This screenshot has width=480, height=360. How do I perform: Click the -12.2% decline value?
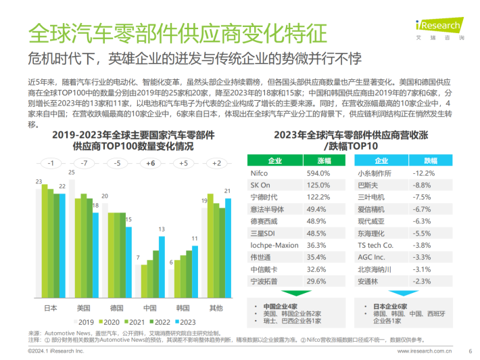(421, 173)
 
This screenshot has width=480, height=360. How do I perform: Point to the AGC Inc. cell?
(370, 256)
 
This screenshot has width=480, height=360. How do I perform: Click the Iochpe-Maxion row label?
(274, 244)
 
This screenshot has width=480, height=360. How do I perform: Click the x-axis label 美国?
(83, 308)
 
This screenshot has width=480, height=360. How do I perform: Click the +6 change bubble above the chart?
(150, 163)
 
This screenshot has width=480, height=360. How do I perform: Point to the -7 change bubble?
(84, 163)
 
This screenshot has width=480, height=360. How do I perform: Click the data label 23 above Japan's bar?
(40, 181)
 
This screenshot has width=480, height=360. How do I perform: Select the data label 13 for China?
(162, 229)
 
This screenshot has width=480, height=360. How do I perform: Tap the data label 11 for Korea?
(195, 238)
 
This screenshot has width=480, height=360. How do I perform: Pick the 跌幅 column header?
(421, 160)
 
